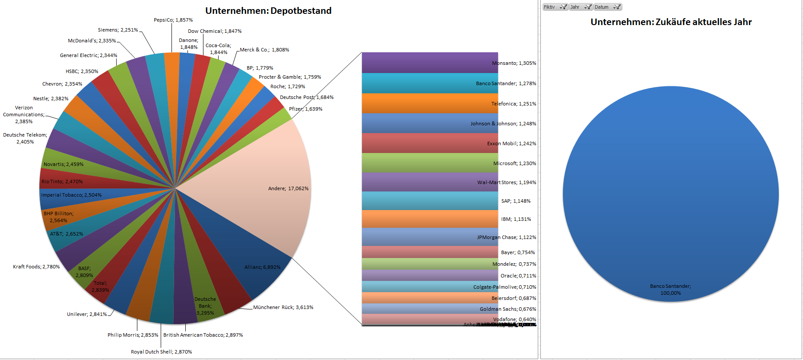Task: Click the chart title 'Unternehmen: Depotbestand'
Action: [268, 11]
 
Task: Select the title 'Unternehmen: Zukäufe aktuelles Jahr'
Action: [671, 22]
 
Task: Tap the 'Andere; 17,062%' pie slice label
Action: [288, 188]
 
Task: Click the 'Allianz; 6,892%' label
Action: [262, 267]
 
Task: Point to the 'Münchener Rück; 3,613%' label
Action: [283, 307]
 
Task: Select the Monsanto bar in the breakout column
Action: [430, 63]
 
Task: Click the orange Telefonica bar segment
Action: [430, 103]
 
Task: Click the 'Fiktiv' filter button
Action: [555, 7]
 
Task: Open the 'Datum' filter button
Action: [607, 7]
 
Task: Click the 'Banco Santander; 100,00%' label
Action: [670, 290]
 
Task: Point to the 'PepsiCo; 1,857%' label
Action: [173, 20]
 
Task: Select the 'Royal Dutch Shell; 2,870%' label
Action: [161, 352]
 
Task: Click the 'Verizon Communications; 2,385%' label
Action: [24, 115]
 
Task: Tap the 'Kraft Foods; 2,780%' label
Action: [36, 267]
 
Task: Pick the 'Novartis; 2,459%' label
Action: [63, 164]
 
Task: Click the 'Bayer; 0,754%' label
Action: [517, 252]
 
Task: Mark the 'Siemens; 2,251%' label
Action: [118, 30]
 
